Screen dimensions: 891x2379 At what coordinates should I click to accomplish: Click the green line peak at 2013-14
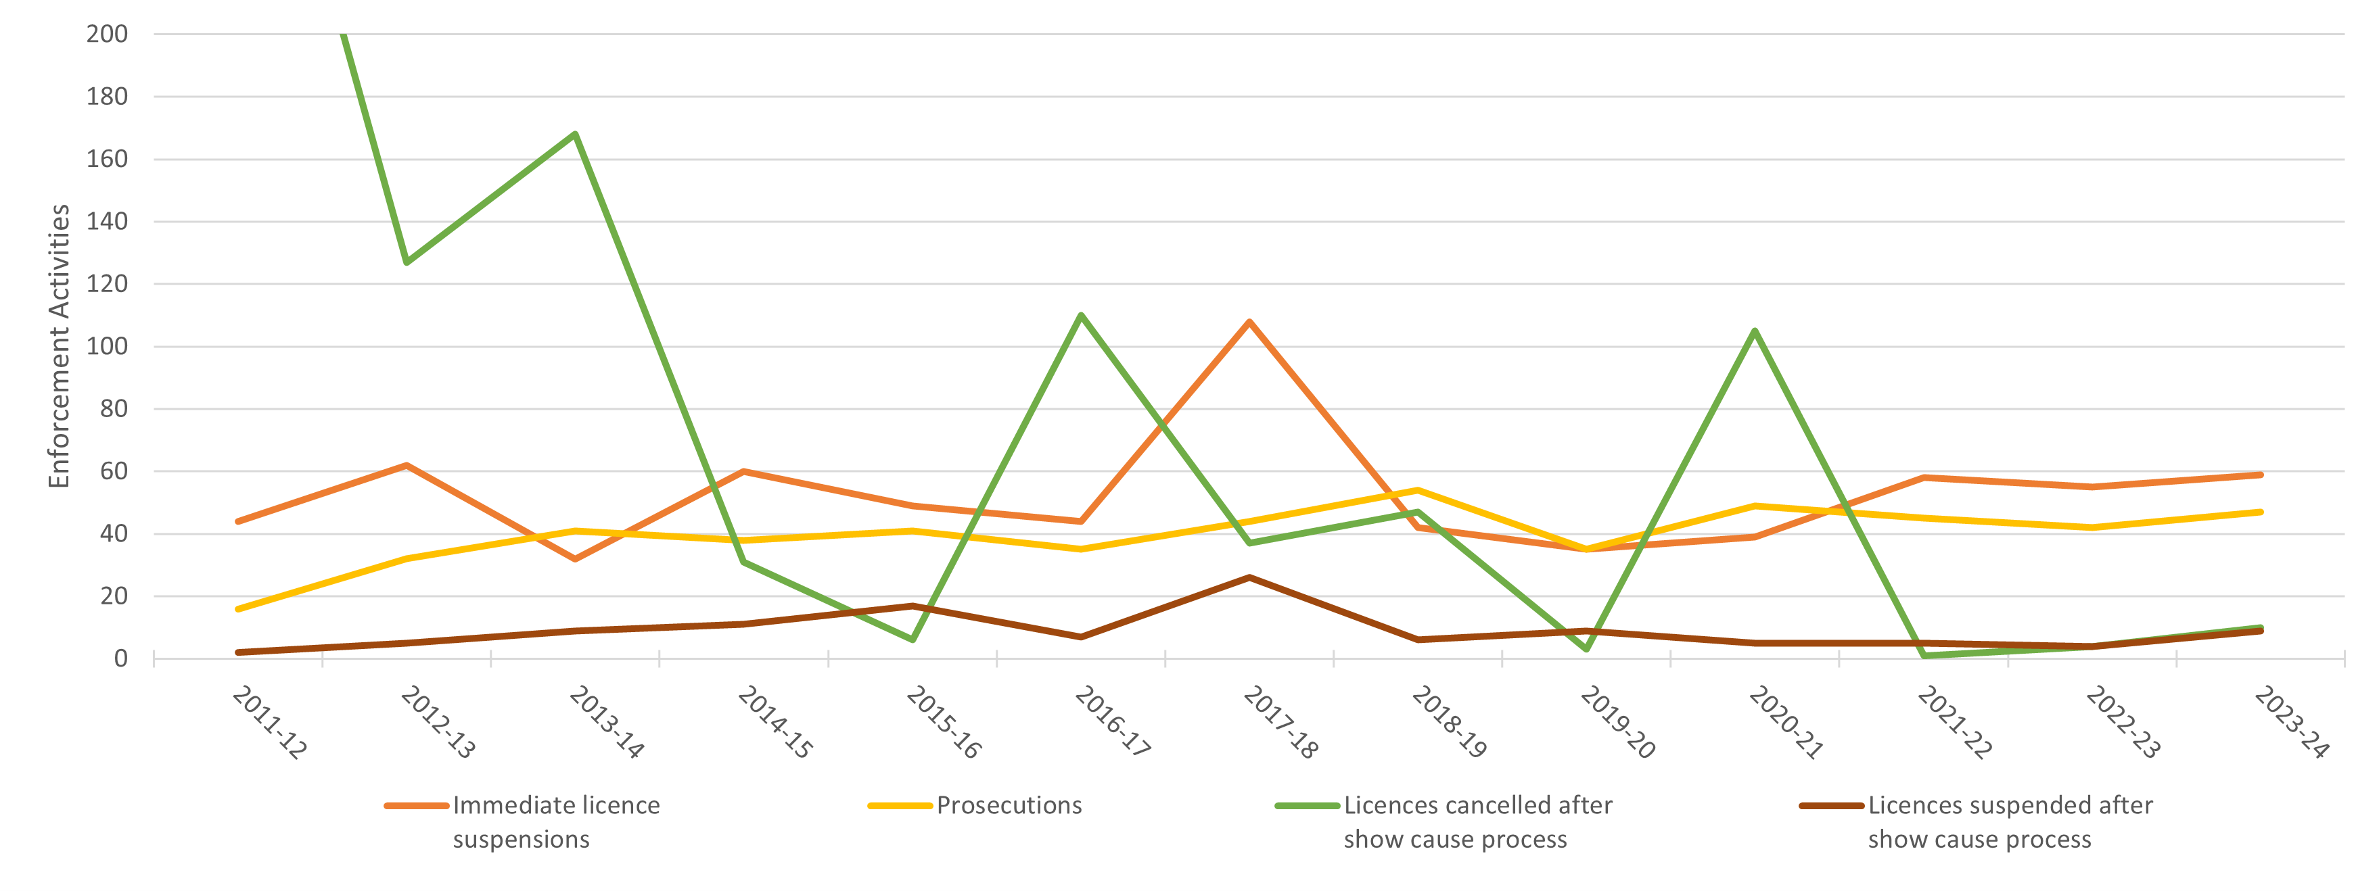576,134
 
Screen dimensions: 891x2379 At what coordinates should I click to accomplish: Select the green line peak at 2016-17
1080,315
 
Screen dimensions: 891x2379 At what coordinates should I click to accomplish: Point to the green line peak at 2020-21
1755,331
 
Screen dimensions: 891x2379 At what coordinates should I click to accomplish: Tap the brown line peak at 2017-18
1249,577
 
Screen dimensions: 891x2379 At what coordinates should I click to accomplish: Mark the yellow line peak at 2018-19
1418,490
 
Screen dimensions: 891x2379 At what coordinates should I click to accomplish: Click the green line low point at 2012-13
407,262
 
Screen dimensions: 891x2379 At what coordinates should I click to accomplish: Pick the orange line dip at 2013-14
576,558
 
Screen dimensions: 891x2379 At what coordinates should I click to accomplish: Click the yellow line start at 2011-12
238,608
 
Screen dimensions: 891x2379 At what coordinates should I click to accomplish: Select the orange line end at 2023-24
2260,475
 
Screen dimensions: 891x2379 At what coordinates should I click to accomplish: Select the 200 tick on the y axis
106,34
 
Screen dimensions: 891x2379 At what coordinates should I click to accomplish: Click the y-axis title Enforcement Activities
59,346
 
